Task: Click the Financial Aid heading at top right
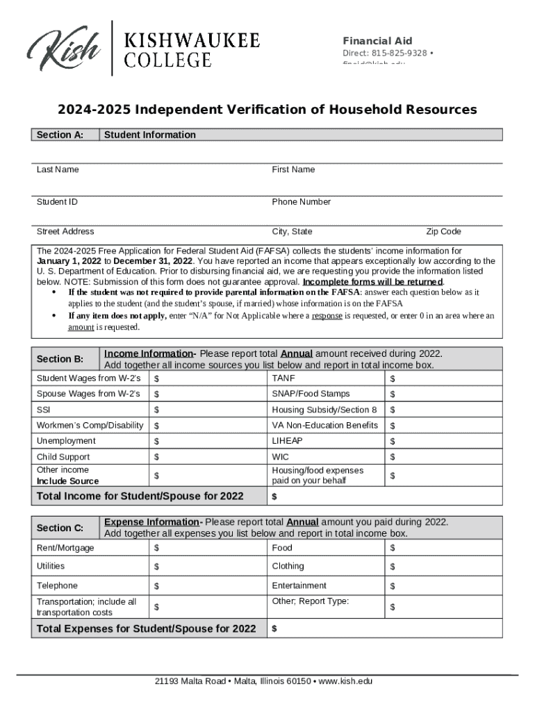(377, 41)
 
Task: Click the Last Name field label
(58, 169)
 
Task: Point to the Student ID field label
(57, 202)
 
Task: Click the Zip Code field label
(443, 231)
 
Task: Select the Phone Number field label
(301, 202)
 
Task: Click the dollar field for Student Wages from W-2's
(208, 378)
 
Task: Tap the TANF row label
(284, 378)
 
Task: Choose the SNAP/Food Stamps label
(311, 394)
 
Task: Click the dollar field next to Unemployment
(208, 442)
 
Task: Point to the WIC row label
(281, 457)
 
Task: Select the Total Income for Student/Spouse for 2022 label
(140, 496)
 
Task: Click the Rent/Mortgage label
(65, 548)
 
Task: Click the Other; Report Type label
(310, 601)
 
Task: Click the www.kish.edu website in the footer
(345, 681)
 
